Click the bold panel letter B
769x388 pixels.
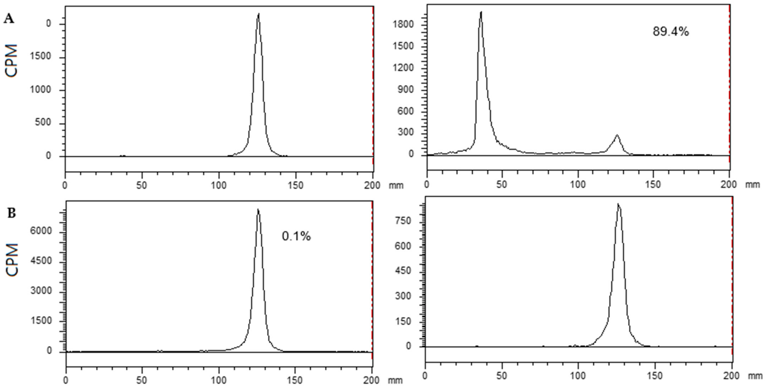click(11, 214)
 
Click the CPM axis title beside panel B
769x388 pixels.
click(12, 259)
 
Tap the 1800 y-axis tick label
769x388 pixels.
click(403, 24)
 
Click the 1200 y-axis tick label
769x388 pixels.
click(403, 68)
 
